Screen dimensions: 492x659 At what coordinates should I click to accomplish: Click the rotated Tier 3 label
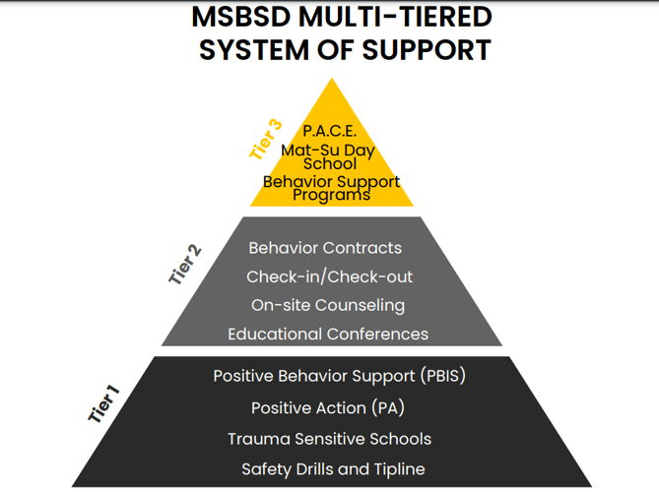(265, 139)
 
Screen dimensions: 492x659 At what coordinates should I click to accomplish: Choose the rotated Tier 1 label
(103, 404)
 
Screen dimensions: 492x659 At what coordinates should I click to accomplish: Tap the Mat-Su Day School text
(329, 156)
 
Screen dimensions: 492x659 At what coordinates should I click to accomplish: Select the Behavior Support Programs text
(331, 188)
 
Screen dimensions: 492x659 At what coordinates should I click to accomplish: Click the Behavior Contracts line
(325, 248)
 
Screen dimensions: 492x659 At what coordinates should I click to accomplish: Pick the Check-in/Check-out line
(329, 277)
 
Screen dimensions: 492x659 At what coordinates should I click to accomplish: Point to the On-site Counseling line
(327, 305)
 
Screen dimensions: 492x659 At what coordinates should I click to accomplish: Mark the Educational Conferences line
(328, 335)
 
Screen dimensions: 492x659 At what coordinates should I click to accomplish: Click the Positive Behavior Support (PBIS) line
(339, 376)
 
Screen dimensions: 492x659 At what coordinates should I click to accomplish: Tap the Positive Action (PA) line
(327, 407)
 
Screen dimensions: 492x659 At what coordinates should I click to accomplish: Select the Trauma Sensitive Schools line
(329, 439)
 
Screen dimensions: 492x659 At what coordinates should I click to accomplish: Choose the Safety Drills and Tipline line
(333, 469)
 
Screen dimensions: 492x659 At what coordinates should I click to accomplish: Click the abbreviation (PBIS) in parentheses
(442, 376)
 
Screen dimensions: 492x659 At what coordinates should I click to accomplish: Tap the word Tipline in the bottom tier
(394, 469)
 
